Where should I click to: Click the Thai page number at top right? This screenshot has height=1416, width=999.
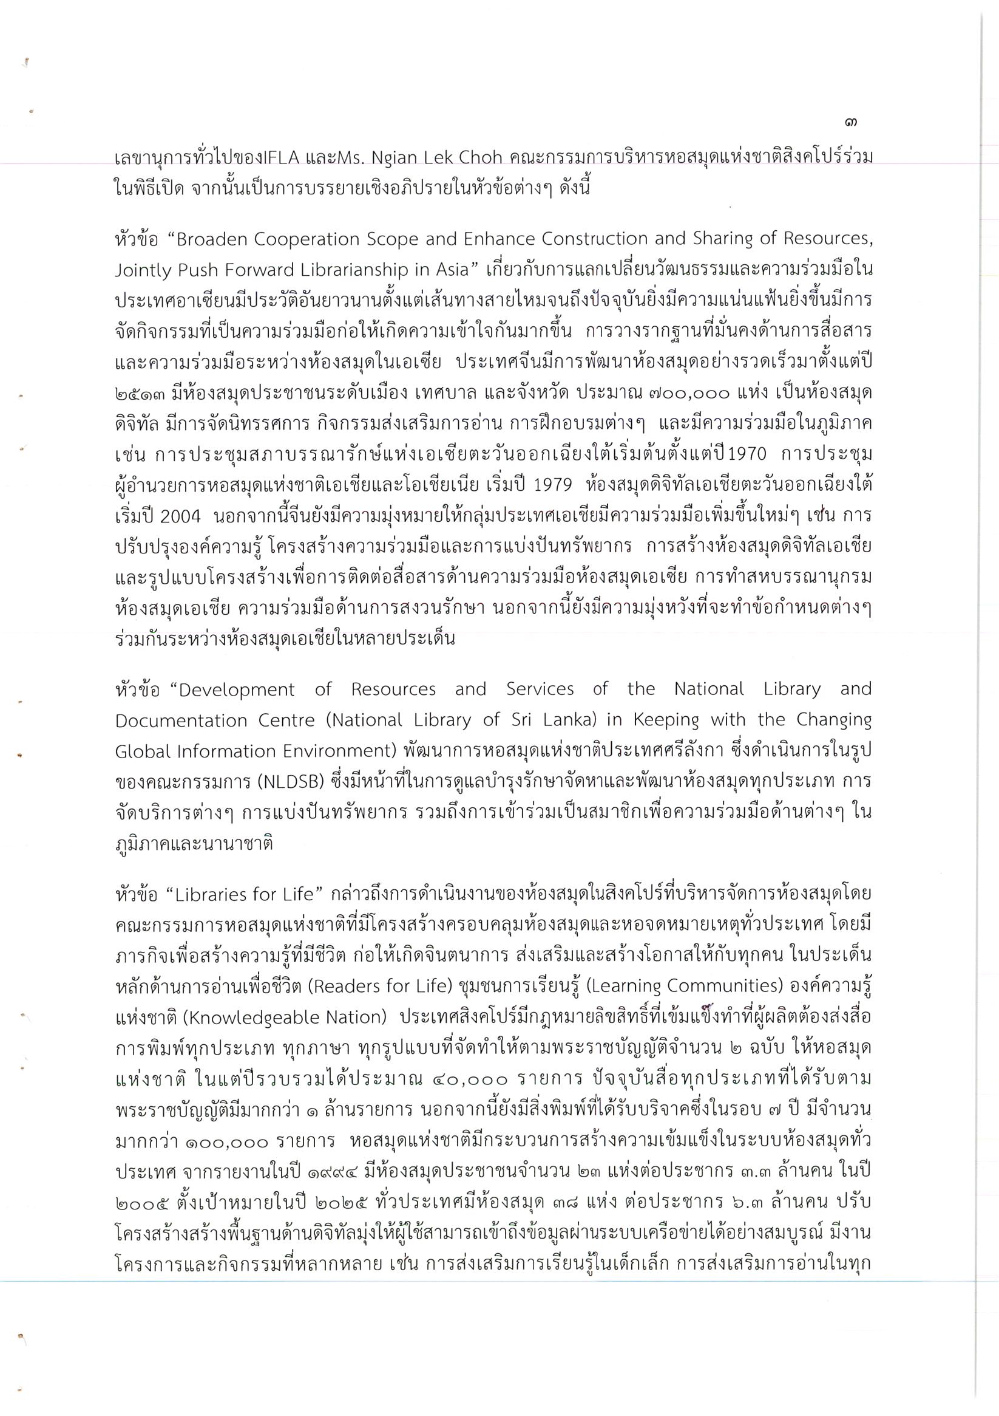(x=852, y=123)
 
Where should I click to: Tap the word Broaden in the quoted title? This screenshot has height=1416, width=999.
(x=211, y=239)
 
